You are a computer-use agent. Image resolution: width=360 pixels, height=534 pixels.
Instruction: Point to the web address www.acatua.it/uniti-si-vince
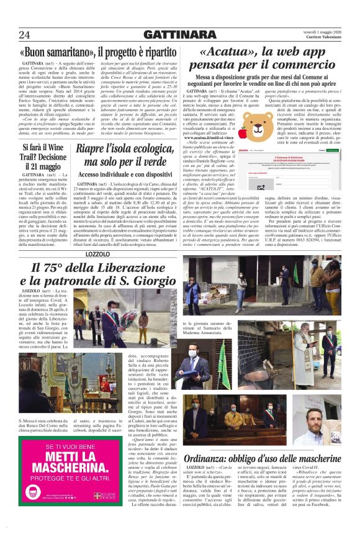pyautogui.click(x=210, y=137)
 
